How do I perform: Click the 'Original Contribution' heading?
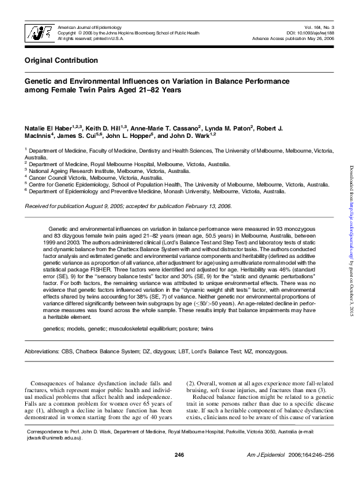57,60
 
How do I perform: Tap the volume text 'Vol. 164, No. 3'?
319,28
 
